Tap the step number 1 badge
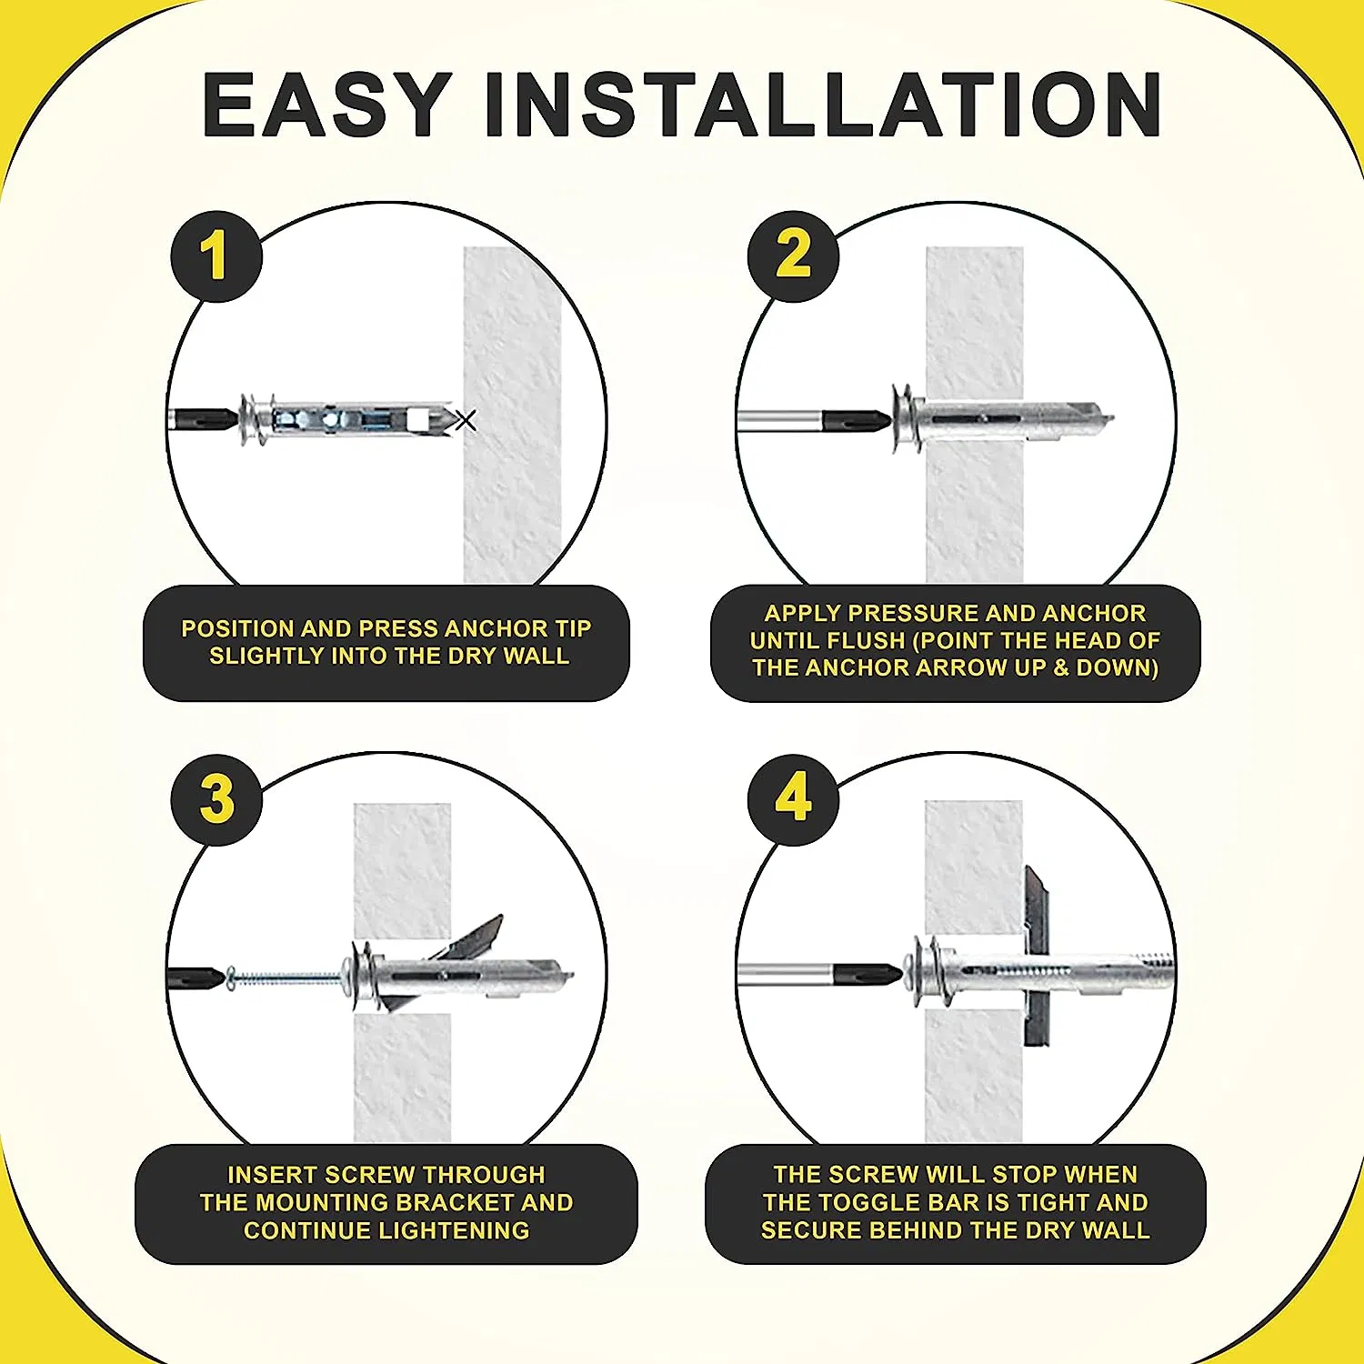[x=216, y=256]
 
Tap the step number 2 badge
[x=793, y=256]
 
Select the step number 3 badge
[x=216, y=799]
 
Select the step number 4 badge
[x=793, y=799]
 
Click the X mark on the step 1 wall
[x=466, y=420]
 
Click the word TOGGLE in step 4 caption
[x=873, y=1202]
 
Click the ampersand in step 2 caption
[x=1061, y=667]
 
